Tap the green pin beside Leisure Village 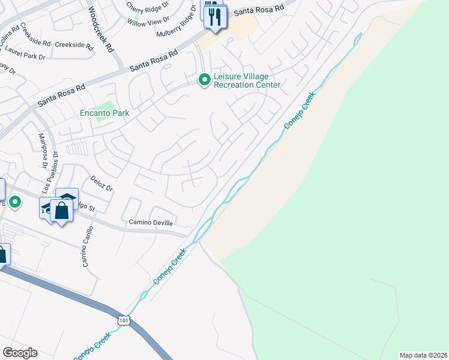(205, 79)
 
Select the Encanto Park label (104, 112)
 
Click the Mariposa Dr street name (42, 150)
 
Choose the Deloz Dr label (101, 184)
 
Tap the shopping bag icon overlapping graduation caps (61, 211)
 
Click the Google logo (20, 353)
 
